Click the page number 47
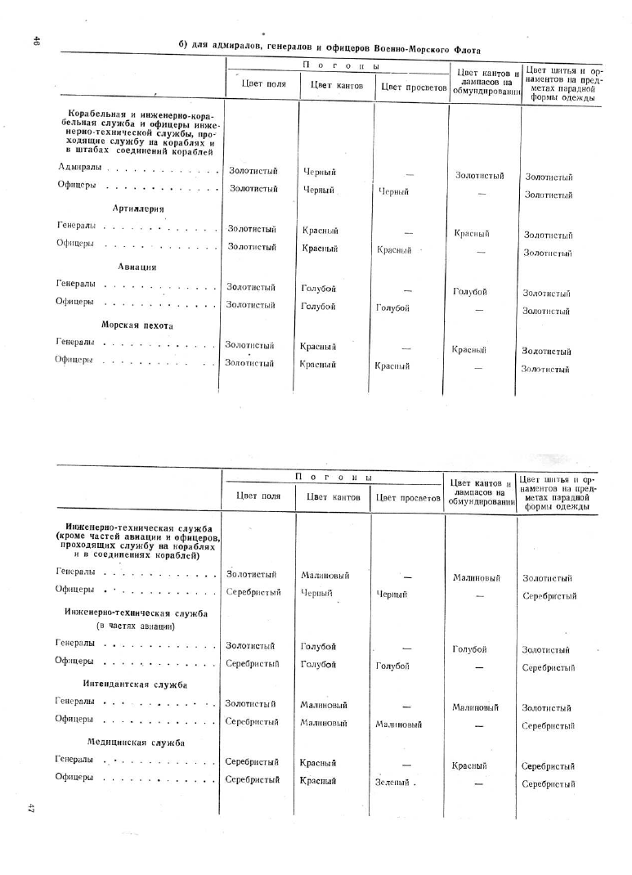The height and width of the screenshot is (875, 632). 30,808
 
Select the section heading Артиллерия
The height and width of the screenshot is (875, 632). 138,209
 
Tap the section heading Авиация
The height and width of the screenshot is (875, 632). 137,267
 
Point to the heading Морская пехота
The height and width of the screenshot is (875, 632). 137,325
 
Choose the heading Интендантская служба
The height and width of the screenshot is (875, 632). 136,684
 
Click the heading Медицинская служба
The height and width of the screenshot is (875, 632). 136,743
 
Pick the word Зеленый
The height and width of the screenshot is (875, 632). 392,782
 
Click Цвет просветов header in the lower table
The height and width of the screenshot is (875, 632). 407,497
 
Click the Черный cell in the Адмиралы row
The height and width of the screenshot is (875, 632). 319,172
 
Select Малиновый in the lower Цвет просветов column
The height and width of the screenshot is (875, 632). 398,724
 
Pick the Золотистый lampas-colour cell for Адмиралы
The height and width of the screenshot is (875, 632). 479,176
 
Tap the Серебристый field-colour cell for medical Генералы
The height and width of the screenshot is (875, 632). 252,762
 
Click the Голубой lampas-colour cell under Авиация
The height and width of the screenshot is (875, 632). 470,292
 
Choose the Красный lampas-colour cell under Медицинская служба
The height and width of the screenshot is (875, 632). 469,766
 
